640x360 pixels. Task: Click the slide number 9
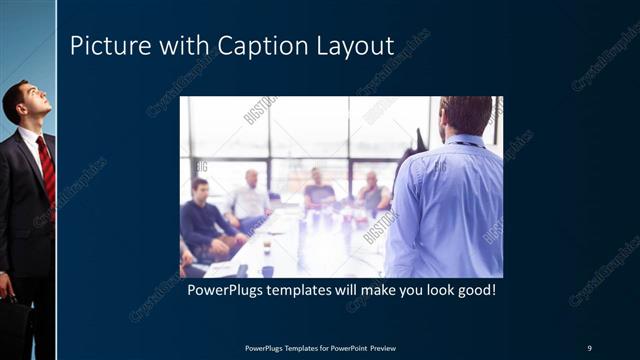coord(589,348)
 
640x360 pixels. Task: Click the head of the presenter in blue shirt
coord(464,115)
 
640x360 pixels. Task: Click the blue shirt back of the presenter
coord(445,210)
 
